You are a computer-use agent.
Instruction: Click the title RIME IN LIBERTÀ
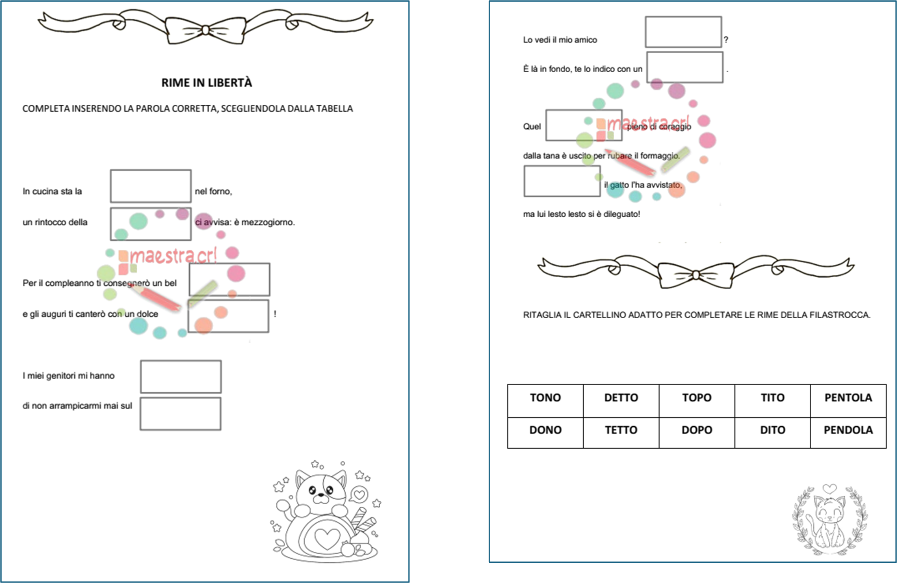[x=206, y=83]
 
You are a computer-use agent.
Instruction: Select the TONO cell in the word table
[x=545, y=400]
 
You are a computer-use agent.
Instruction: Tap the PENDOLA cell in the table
[x=848, y=432]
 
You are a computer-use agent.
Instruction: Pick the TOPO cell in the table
[x=697, y=400]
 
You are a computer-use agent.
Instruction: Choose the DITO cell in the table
[x=772, y=432]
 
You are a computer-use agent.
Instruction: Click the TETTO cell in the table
[x=621, y=432]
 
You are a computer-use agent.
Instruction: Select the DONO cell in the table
[x=545, y=432]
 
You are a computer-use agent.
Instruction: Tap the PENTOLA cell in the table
[x=848, y=400]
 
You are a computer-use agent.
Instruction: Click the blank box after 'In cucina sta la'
[x=151, y=186]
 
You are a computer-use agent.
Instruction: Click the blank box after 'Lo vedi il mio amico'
[x=683, y=32]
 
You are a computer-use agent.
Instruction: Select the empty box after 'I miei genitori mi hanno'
[x=181, y=376]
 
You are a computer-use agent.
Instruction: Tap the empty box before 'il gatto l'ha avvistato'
[x=562, y=181]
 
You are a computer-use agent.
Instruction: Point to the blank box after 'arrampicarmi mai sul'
[x=180, y=414]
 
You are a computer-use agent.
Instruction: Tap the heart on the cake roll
[x=327, y=539]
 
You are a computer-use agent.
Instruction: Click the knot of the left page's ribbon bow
[x=206, y=30]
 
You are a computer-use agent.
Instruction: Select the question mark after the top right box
[x=726, y=40]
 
